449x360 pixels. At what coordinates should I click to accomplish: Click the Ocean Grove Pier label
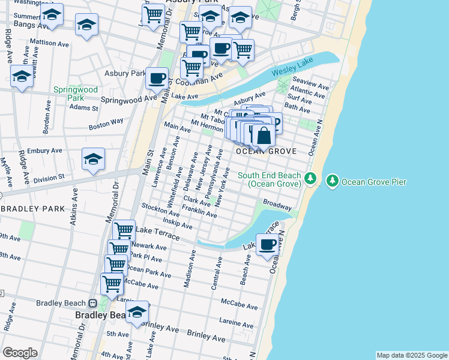(x=374, y=181)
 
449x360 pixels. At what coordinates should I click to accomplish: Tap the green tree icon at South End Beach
(x=310, y=179)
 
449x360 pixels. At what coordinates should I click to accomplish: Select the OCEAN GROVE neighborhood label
(x=266, y=151)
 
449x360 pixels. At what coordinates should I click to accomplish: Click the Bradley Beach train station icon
(x=93, y=304)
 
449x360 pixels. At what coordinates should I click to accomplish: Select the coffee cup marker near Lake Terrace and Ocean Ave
(x=267, y=244)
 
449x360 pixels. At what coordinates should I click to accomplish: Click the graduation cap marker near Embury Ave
(x=94, y=159)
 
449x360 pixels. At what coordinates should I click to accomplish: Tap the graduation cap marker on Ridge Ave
(x=22, y=76)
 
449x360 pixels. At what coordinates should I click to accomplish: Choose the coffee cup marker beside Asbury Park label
(x=157, y=77)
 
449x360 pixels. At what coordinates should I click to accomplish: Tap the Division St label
(x=49, y=178)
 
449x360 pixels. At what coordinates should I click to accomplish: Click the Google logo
(x=20, y=353)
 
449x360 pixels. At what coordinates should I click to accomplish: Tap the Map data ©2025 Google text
(x=411, y=355)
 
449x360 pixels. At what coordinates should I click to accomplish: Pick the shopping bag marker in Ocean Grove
(x=264, y=135)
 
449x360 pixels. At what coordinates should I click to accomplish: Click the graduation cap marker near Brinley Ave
(x=137, y=313)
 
